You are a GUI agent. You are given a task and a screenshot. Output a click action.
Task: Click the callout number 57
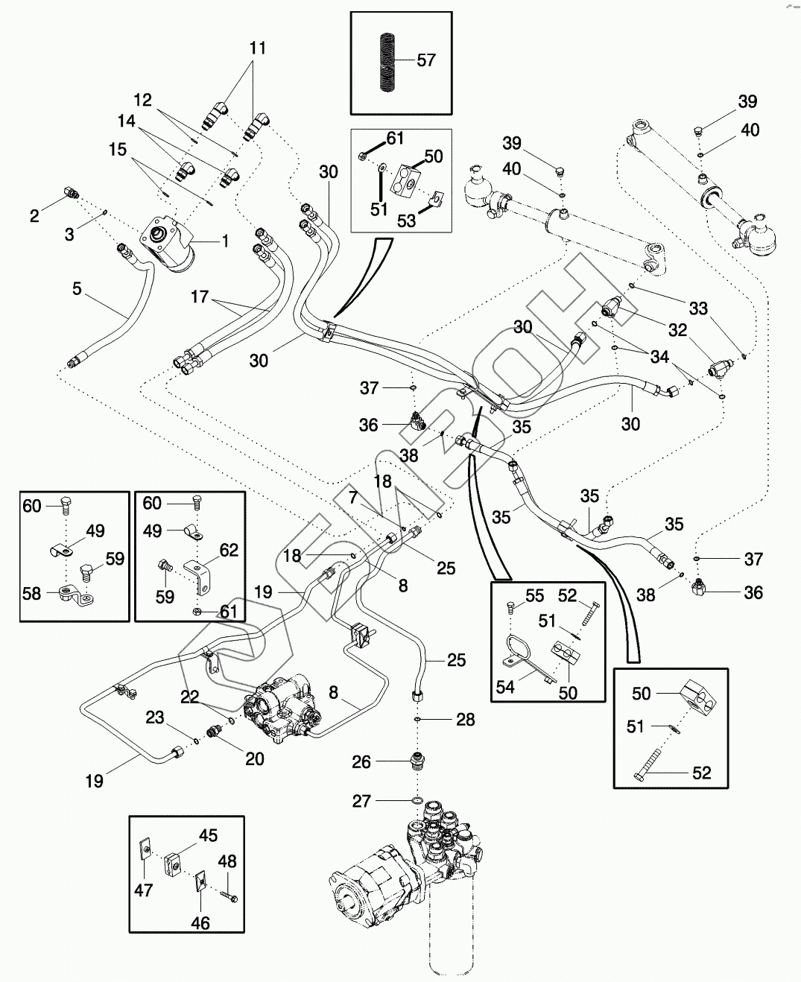click(x=425, y=60)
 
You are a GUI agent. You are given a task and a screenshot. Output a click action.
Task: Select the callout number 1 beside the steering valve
click(x=225, y=241)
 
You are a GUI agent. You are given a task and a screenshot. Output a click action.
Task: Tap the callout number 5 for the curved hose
click(x=77, y=288)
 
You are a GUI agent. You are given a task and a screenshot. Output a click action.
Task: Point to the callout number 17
click(x=200, y=297)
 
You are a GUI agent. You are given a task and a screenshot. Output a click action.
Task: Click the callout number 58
click(x=31, y=594)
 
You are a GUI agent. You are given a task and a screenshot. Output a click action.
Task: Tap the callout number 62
click(x=229, y=550)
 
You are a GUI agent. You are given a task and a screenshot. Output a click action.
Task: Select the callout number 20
click(x=255, y=758)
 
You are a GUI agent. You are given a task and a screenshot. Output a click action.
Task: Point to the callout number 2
click(x=34, y=216)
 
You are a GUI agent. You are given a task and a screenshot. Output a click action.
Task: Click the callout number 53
click(x=406, y=221)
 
